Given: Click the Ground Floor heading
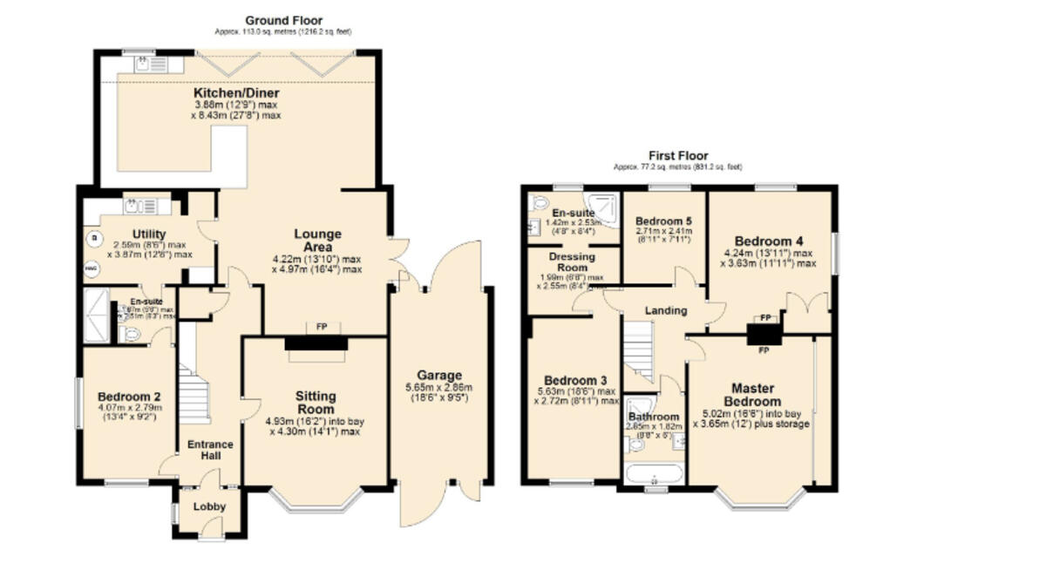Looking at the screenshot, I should [283, 20].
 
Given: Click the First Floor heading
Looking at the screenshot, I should [678, 155].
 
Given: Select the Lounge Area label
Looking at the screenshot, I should [317, 240].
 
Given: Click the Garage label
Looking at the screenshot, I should [439, 376].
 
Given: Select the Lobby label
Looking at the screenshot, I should [209, 506].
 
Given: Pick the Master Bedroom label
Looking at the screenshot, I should [756, 394].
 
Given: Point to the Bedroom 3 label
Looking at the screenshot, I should [575, 381].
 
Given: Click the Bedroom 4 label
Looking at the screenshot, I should [768, 241].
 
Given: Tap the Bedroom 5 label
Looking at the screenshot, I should [663, 221].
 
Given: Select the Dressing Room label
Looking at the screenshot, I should [572, 262].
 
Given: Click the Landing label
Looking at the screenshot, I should [665, 310].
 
